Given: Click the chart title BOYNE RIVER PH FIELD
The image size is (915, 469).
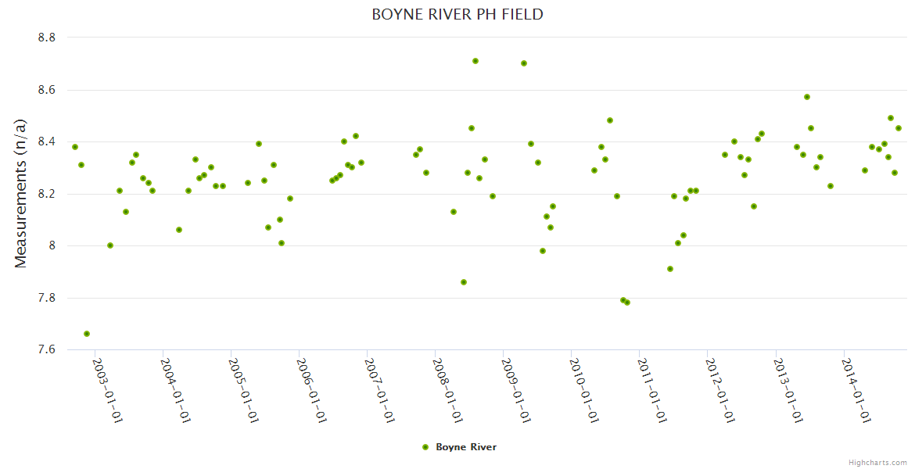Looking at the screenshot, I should [x=457, y=15].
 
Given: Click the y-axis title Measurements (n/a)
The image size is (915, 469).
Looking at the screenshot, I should [x=21, y=193].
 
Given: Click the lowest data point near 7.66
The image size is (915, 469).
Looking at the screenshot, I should [x=87, y=334].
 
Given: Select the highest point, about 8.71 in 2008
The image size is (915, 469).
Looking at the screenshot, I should [x=475, y=61].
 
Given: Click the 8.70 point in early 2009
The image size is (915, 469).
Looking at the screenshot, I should [x=524, y=63].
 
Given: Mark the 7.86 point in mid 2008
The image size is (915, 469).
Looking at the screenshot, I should [x=464, y=282].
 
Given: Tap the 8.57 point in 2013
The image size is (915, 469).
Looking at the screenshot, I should [x=807, y=97].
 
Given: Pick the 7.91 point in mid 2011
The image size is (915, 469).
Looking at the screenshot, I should [x=670, y=269].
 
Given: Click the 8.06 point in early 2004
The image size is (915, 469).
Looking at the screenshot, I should [x=179, y=230].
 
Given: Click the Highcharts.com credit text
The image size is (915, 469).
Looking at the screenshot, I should [x=877, y=462].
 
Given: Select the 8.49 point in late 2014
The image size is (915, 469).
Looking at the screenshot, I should [x=891, y=118].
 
